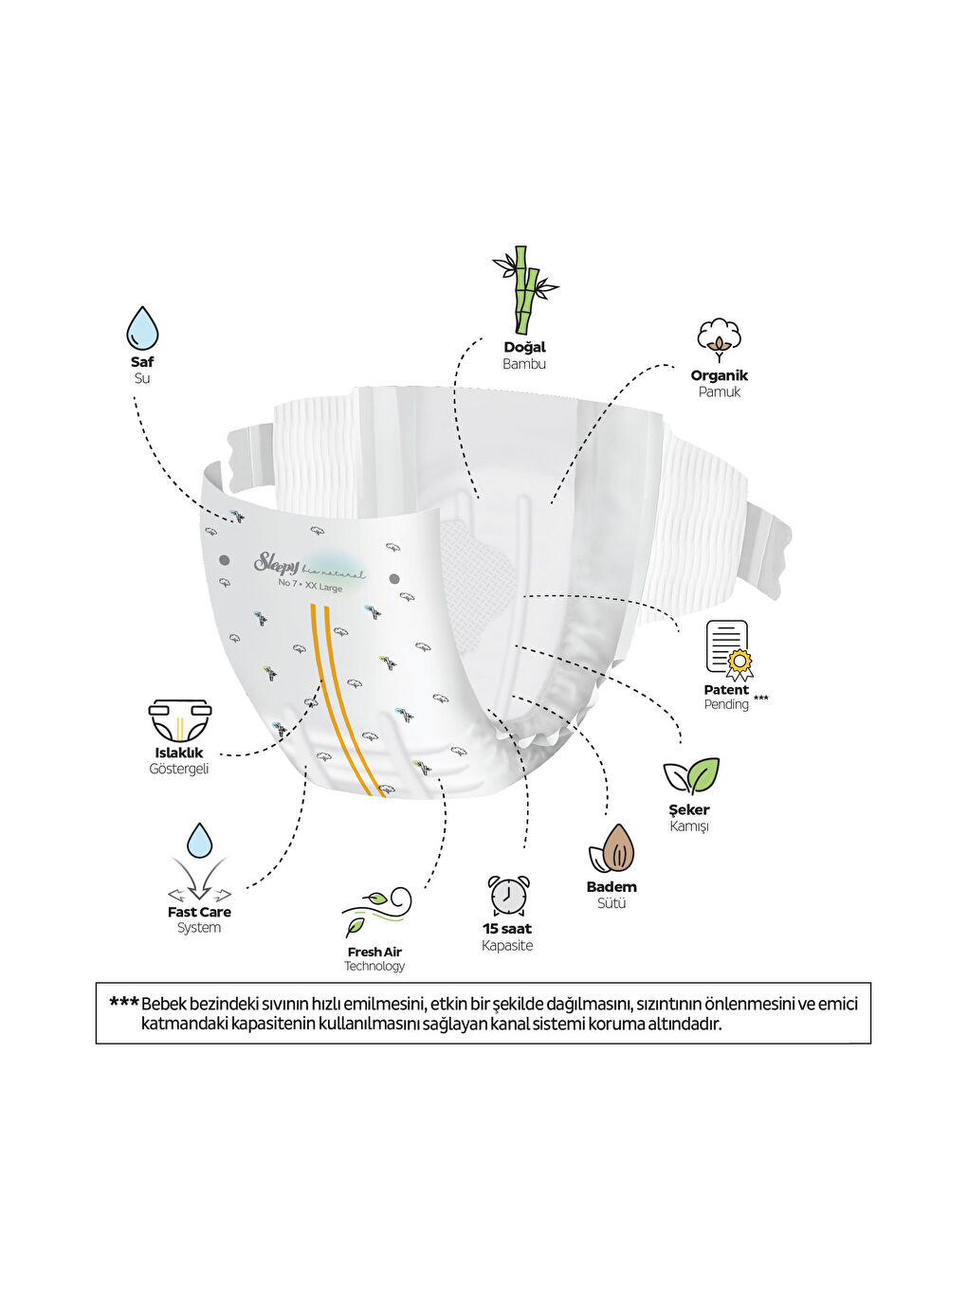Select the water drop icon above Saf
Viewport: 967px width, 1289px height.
(x=142, y=328)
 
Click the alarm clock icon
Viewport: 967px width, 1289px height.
(x=508, y=896)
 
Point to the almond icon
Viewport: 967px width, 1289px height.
(x=613, y=848)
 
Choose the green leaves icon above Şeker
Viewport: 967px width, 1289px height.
(x=691, y=775)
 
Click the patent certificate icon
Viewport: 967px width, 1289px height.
(x=728, y=649)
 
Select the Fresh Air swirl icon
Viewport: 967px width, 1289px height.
(x=377, y=911)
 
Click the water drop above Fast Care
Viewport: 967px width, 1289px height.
(x=199, y=841)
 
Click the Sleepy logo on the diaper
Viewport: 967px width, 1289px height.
(x=276, y=564)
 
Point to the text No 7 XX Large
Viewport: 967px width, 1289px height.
(x=310, y=585)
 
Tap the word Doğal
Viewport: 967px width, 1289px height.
(x=524, y=347)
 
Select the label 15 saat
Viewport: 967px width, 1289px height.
(x=507, y=929)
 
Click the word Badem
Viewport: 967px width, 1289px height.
(x=611, y=887)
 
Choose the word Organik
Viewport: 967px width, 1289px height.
(x=719, y=375)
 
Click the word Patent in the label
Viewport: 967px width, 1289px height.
(x=726, y=690)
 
